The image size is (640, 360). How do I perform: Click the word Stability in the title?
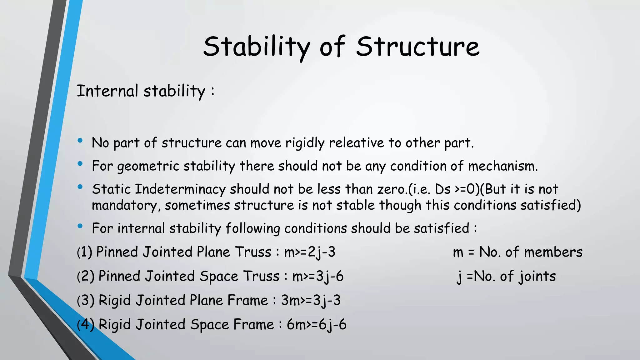[x=256, y=47]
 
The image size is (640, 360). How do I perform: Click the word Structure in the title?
[x=417, y=47]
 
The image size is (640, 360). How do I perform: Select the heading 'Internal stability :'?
[x=146, y=91]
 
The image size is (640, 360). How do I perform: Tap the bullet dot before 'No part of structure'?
[x=80, y=141]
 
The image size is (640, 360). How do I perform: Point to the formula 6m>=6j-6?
[x=317, y=325]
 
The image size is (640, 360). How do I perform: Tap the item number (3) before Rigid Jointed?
[x=86, y=301]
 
